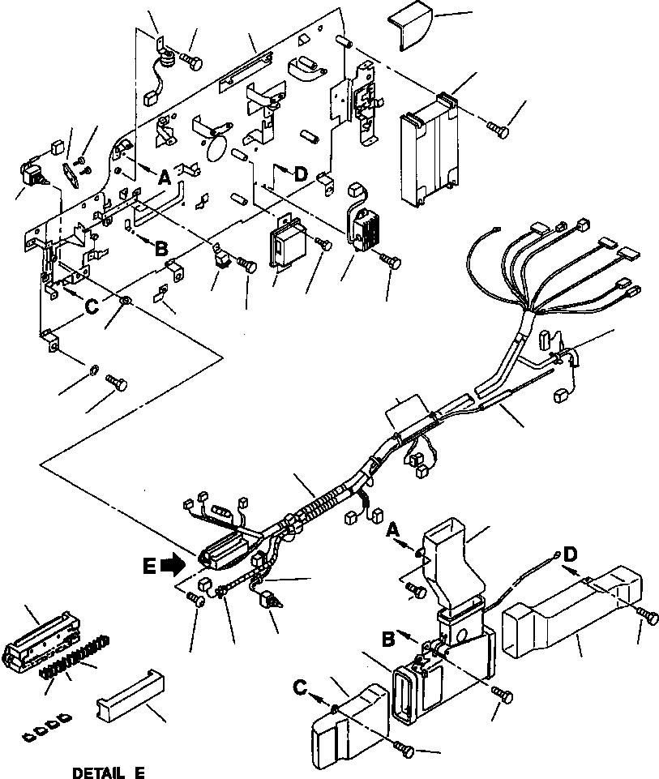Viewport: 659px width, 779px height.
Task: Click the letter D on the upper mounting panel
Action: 301,173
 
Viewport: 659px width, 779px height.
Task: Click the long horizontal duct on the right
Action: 567,612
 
